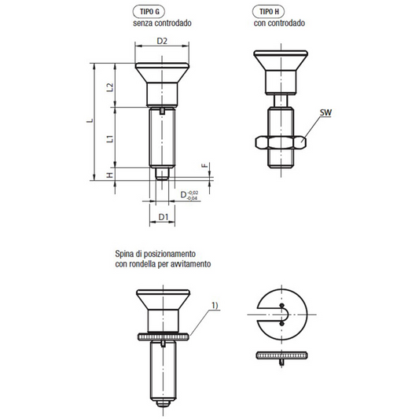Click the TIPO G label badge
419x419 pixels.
point(149,12)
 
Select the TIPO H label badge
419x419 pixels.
point(268,12)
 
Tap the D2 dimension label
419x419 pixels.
point(162,41)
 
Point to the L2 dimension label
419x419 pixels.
point(110,87)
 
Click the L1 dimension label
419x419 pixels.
point(110,139)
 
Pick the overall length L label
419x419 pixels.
point(90,121)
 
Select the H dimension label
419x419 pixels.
point(110,175)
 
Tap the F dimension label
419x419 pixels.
point(204,166)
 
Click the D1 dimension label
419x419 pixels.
point(164,217)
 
